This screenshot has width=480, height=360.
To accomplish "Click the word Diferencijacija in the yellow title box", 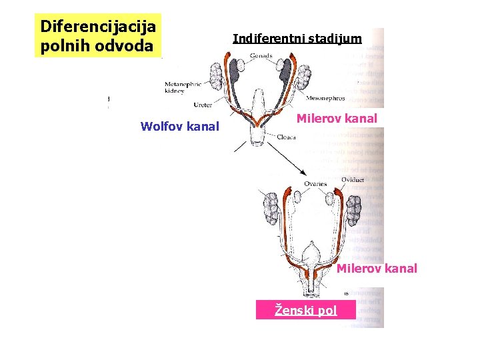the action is click(98, 27).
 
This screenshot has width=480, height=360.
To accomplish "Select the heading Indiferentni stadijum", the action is click(297, 38).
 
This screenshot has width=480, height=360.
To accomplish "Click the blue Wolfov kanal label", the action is click(180, 125).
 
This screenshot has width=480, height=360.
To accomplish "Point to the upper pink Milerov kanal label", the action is click(337, 119).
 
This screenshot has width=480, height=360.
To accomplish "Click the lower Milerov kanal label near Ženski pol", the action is click(377, 268).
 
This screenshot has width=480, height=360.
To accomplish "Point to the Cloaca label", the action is click(285, 137).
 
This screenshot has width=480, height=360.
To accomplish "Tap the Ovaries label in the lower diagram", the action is click(315, 184).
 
